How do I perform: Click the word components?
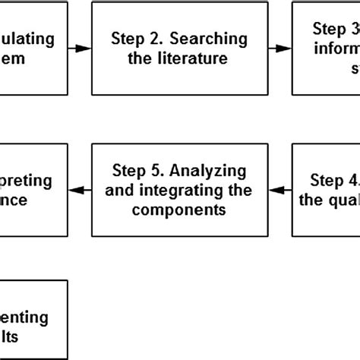click(178, 210)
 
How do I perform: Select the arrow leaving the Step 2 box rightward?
click(280, 48)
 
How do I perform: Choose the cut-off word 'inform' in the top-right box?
click(335, 49)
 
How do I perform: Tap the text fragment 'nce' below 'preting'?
click(15, 201)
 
